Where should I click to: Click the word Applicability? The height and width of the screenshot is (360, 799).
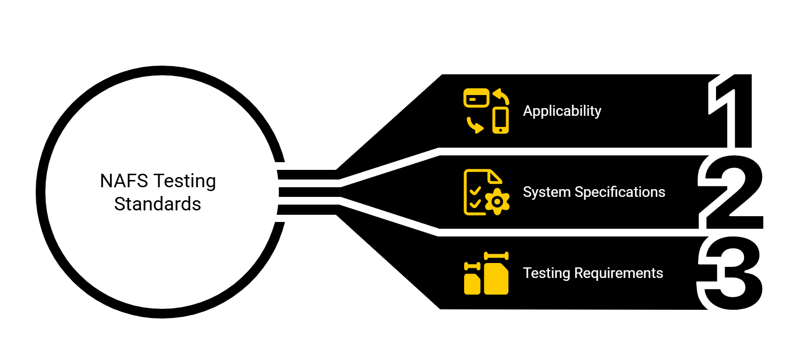coord(562,111)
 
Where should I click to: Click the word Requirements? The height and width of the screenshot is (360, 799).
coord(619,273)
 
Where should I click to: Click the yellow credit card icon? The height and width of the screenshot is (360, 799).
coord(476,98)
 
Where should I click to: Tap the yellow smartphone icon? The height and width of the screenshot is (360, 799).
coord(500,120)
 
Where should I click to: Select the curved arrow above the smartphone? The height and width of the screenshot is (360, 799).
coord(502,96)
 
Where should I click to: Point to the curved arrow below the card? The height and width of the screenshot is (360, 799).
coord(474,125)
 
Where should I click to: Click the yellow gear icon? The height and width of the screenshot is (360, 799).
coord(497,202)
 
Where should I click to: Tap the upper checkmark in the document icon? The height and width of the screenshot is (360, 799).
coord(475,191)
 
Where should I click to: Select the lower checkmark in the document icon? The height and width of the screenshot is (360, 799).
coord(475,204)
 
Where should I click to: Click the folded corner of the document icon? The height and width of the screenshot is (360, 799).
coord(495,177)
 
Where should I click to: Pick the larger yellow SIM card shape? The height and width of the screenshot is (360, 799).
coord(496,279)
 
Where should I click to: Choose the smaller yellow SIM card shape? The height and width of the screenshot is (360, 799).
coord(472,284)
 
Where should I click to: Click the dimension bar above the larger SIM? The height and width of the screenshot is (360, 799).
coord(496,256)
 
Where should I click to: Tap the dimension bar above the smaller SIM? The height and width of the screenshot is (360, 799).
coord(472,266)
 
